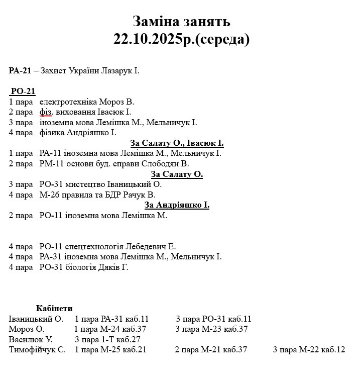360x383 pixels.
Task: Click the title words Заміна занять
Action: pyautogui.click(x=181, y=22)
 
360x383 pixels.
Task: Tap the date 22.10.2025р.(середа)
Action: pyautogui.click(x=181, y=39)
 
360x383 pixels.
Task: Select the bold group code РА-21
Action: pyautogui.click(x=20, y=71)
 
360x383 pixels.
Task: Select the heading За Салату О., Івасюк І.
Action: pyautogui.click(x=177, y=143)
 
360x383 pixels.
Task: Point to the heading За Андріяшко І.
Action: pyautogui.click(x=177, y=205)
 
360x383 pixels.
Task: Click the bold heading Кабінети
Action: pyautogui.click(x=54, y=309)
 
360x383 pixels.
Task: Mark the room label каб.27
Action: pyautogui.click(x=129, y=340)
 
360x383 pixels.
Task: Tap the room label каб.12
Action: pyautogui.click(x=333, y=350)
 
